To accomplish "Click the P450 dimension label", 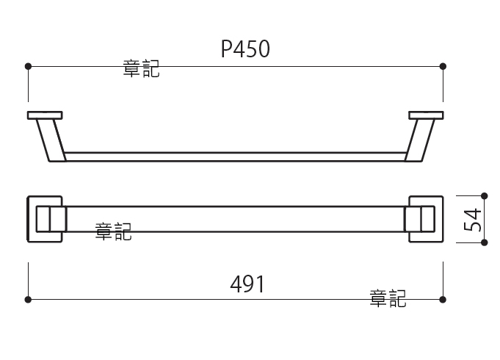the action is pyautogui.click(x=245, y=49).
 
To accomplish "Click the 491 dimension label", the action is pyautogui.click(x=247, y=284).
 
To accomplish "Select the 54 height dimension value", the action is pyautogui.click(x=473, y=220).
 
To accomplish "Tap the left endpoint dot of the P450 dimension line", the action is pyautogui.click(x=28, y=66).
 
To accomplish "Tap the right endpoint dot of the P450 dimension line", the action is pyautogui.click(x=443, y=66).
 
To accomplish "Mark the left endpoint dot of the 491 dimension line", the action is pyautogui.click(x=28, y=299).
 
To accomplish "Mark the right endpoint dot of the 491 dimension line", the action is pyautogui.click(x=443, y=299).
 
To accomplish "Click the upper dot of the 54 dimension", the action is pyautogui.click(x=484, y=195).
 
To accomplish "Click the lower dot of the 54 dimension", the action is pyautogui.click(x=484, y=242).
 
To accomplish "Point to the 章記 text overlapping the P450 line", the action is pyautogui.click(x=141, y=68).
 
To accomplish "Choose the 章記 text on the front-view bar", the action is pyautogui.click(x=114, y=231).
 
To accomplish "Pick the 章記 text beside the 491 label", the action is pyautogui.click(x=388, y=298).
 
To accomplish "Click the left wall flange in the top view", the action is pyautogui.click(x=45, y=115).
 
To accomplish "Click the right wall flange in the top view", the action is pyautogui.click(x=426, y=115).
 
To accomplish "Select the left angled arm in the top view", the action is pyautogui.click(x=51, y=140).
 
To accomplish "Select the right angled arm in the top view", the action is pyautogui.click(x=420, y=140).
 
